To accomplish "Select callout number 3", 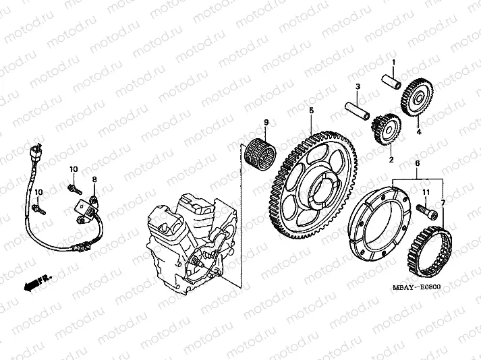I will tap(358, 86).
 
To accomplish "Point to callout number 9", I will tap(266, 123).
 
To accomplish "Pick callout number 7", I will tap(443, 202).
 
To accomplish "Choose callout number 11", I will tap(426, 193).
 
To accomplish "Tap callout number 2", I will tap(389, 160).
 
